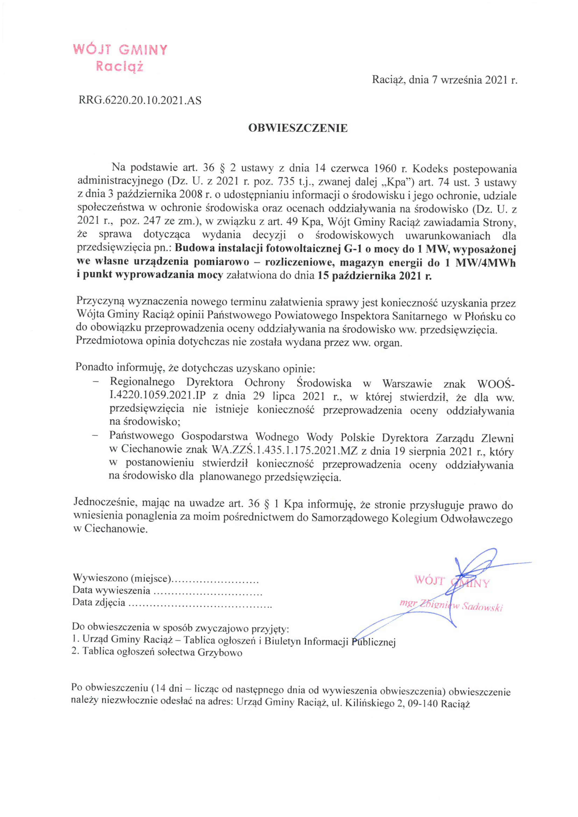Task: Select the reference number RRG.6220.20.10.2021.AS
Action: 140,101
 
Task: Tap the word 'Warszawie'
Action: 407,384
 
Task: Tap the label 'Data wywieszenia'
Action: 111,590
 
